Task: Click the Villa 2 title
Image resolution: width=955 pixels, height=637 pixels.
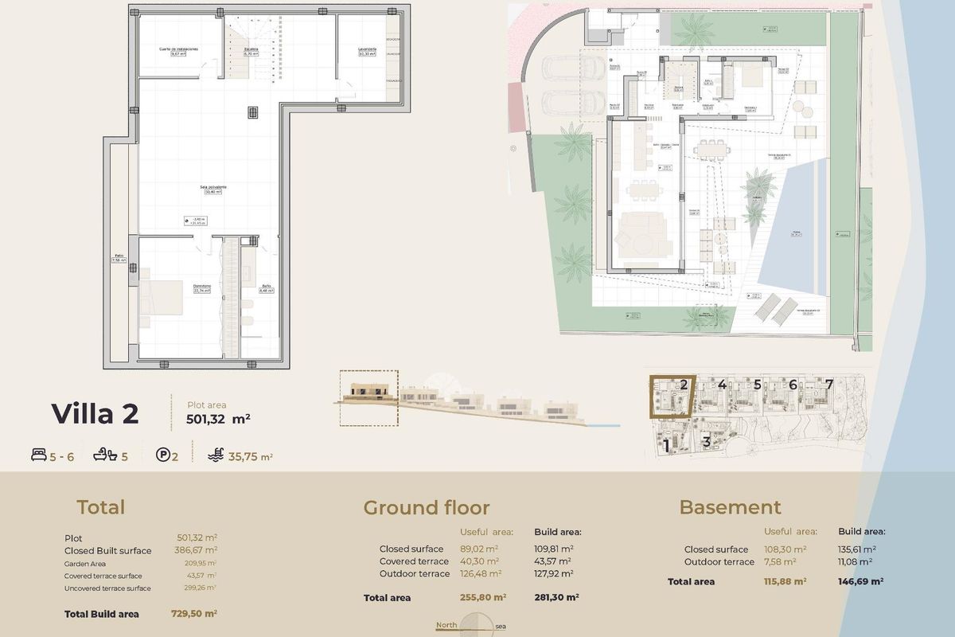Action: click(x=95, y=414)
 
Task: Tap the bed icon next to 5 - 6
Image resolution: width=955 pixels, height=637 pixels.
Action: click(x=39, y=456)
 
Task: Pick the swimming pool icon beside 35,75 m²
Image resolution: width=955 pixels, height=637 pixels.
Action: click(x=215, y=456)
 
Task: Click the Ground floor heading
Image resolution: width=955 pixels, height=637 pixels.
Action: click(x=426, y=508)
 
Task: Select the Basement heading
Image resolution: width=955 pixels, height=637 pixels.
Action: click(x=730, y=508)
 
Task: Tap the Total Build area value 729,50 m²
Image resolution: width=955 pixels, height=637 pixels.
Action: click(x=194, y=614)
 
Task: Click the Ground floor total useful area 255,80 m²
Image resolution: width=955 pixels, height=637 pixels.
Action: click(x=483, y=597)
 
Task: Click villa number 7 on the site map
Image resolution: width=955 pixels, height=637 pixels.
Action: click(x=829, y=385)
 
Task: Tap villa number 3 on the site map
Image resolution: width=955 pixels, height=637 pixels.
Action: click(x=706, y=441)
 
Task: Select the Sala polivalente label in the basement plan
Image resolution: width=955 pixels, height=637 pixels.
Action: click(x=215, y=187)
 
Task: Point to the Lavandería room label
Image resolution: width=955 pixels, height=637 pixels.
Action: click(x=367, y=49)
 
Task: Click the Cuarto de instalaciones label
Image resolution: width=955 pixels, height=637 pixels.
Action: click(x=178, y=49)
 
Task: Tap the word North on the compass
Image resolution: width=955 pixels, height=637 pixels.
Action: click(x=446, y=625)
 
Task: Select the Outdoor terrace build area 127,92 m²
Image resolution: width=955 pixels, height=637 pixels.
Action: click(x=553, y=573)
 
